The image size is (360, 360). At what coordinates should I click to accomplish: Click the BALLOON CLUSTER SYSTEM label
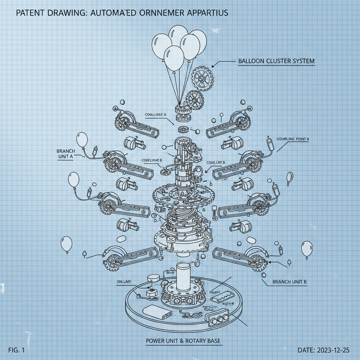pos(276,61)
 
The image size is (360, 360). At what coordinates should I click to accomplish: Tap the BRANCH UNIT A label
pos(66,154)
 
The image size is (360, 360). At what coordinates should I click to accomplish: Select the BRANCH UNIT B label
pos(290,282)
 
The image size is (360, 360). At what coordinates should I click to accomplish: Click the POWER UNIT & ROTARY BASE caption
pos(184,341)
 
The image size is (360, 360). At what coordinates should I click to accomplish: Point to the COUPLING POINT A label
pos(293,139)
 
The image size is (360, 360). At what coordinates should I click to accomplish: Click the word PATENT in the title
pos(30,13)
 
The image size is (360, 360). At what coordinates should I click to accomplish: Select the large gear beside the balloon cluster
pos(202,77)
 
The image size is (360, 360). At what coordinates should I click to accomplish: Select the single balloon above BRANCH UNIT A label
pos(82,140)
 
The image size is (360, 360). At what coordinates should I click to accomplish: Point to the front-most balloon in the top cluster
pos(174,58)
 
